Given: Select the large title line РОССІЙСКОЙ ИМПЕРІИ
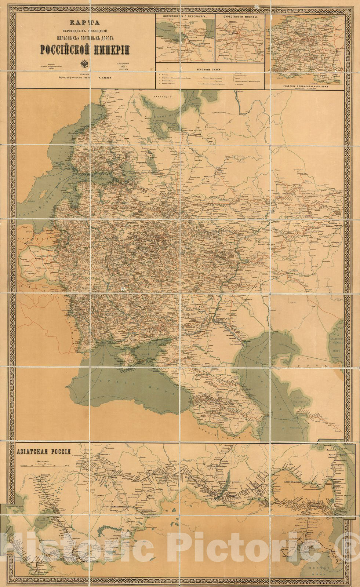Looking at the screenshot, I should [84, 48].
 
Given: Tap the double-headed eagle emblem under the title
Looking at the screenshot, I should [84, 63].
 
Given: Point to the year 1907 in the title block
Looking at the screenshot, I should [121, 65].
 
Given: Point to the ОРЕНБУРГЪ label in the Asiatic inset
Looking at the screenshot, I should [40, 474].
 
